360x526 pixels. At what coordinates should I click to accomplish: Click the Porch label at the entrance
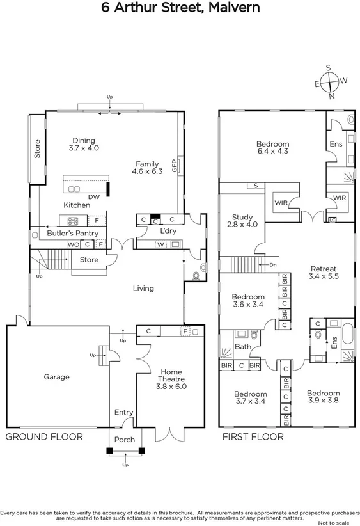(124, 440)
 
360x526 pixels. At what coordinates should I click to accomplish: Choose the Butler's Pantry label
(72, 234)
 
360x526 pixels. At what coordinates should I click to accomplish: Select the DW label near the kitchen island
(93, 197)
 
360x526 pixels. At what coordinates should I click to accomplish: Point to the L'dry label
(168, 231)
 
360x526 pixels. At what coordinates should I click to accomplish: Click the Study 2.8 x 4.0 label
(242, 221)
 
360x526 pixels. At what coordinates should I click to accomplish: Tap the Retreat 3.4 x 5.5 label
(323, 273)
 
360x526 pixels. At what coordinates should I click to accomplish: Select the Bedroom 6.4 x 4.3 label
(272, 148)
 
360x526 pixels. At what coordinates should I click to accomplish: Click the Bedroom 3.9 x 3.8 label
(322, 397)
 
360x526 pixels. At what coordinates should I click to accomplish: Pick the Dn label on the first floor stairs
(272, 264)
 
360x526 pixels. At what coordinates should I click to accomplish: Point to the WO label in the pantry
(73, 244)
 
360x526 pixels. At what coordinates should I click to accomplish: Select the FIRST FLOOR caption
(253, 438)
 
